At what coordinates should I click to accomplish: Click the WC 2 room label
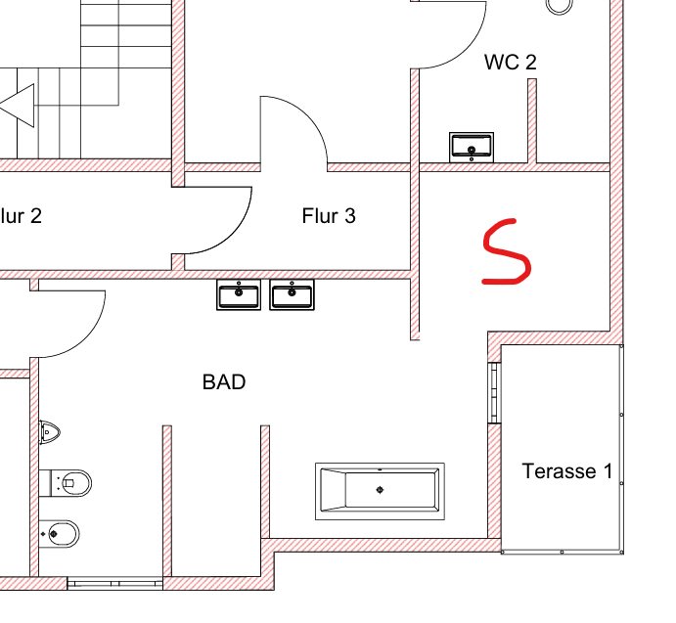click(511, 62)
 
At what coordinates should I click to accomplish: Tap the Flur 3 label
click(329, 216)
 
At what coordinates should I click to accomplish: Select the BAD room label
click(224, 382)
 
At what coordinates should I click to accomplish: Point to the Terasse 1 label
click(567, 470)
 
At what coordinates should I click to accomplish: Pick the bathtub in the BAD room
click(380, 491)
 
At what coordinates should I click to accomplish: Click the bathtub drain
click(380, 490)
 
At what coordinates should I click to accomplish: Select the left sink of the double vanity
click(239, 295)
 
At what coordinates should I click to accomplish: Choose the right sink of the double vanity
click(292, 295)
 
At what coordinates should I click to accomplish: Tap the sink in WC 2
click(472, 148)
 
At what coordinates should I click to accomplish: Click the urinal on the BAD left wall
click(49, 431)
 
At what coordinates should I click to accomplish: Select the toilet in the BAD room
click(66, 483)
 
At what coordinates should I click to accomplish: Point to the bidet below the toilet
click(59, 534)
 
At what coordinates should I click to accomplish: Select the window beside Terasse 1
click(494, 392)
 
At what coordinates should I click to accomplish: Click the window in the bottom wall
click(115, 584)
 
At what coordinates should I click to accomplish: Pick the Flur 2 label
click(20, 216)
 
